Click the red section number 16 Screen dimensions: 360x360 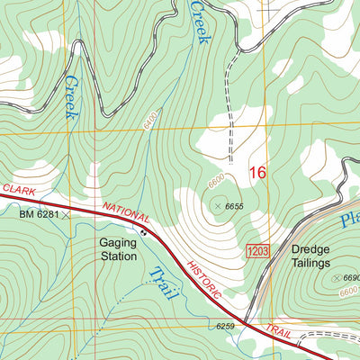coord(258,172)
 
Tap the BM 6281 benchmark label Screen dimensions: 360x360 coord(39,214)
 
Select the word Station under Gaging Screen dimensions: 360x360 coord(118,256)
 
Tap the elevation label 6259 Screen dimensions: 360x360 coord(225,326)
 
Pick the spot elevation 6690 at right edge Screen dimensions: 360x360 coord(348,279)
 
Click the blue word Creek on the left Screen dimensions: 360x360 coord(69,96)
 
